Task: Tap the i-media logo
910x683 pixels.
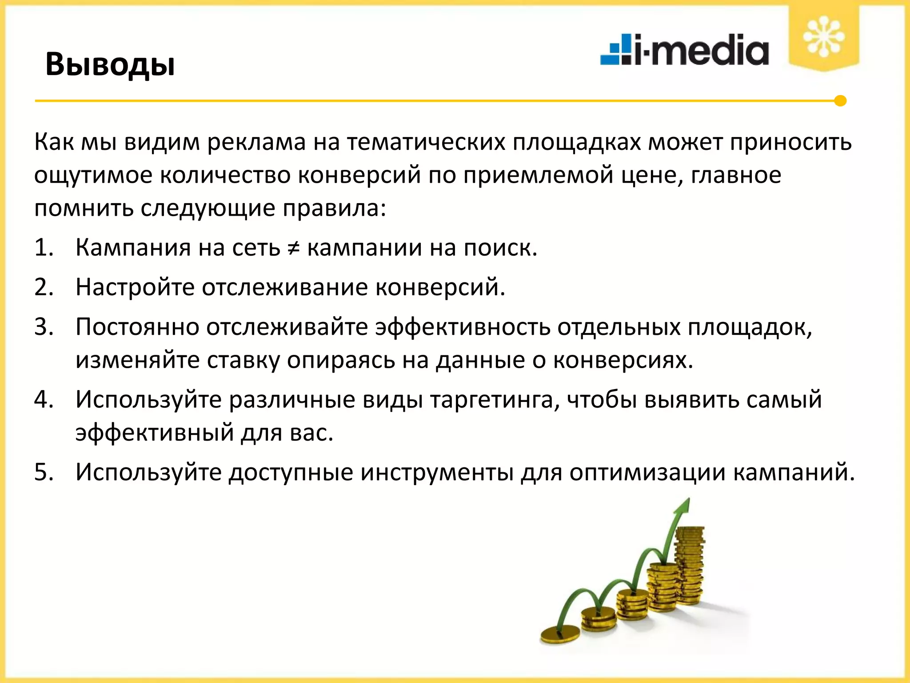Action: point(684,50)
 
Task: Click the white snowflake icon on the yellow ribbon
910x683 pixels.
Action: point(823,36)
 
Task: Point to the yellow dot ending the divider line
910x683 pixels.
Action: point(840,101)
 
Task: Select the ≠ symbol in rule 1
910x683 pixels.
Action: point(293,248)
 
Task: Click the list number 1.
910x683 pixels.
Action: point(44,248)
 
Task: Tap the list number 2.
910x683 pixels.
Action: point(44,287)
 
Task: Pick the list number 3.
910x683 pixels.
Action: point(44,327)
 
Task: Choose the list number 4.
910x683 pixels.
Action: point(44,399)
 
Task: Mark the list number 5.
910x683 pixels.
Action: point(44,472)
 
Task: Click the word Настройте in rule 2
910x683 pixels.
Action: point(135,287)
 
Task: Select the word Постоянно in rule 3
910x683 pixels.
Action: point(137,327)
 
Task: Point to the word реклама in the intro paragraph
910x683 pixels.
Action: point(256,143)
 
